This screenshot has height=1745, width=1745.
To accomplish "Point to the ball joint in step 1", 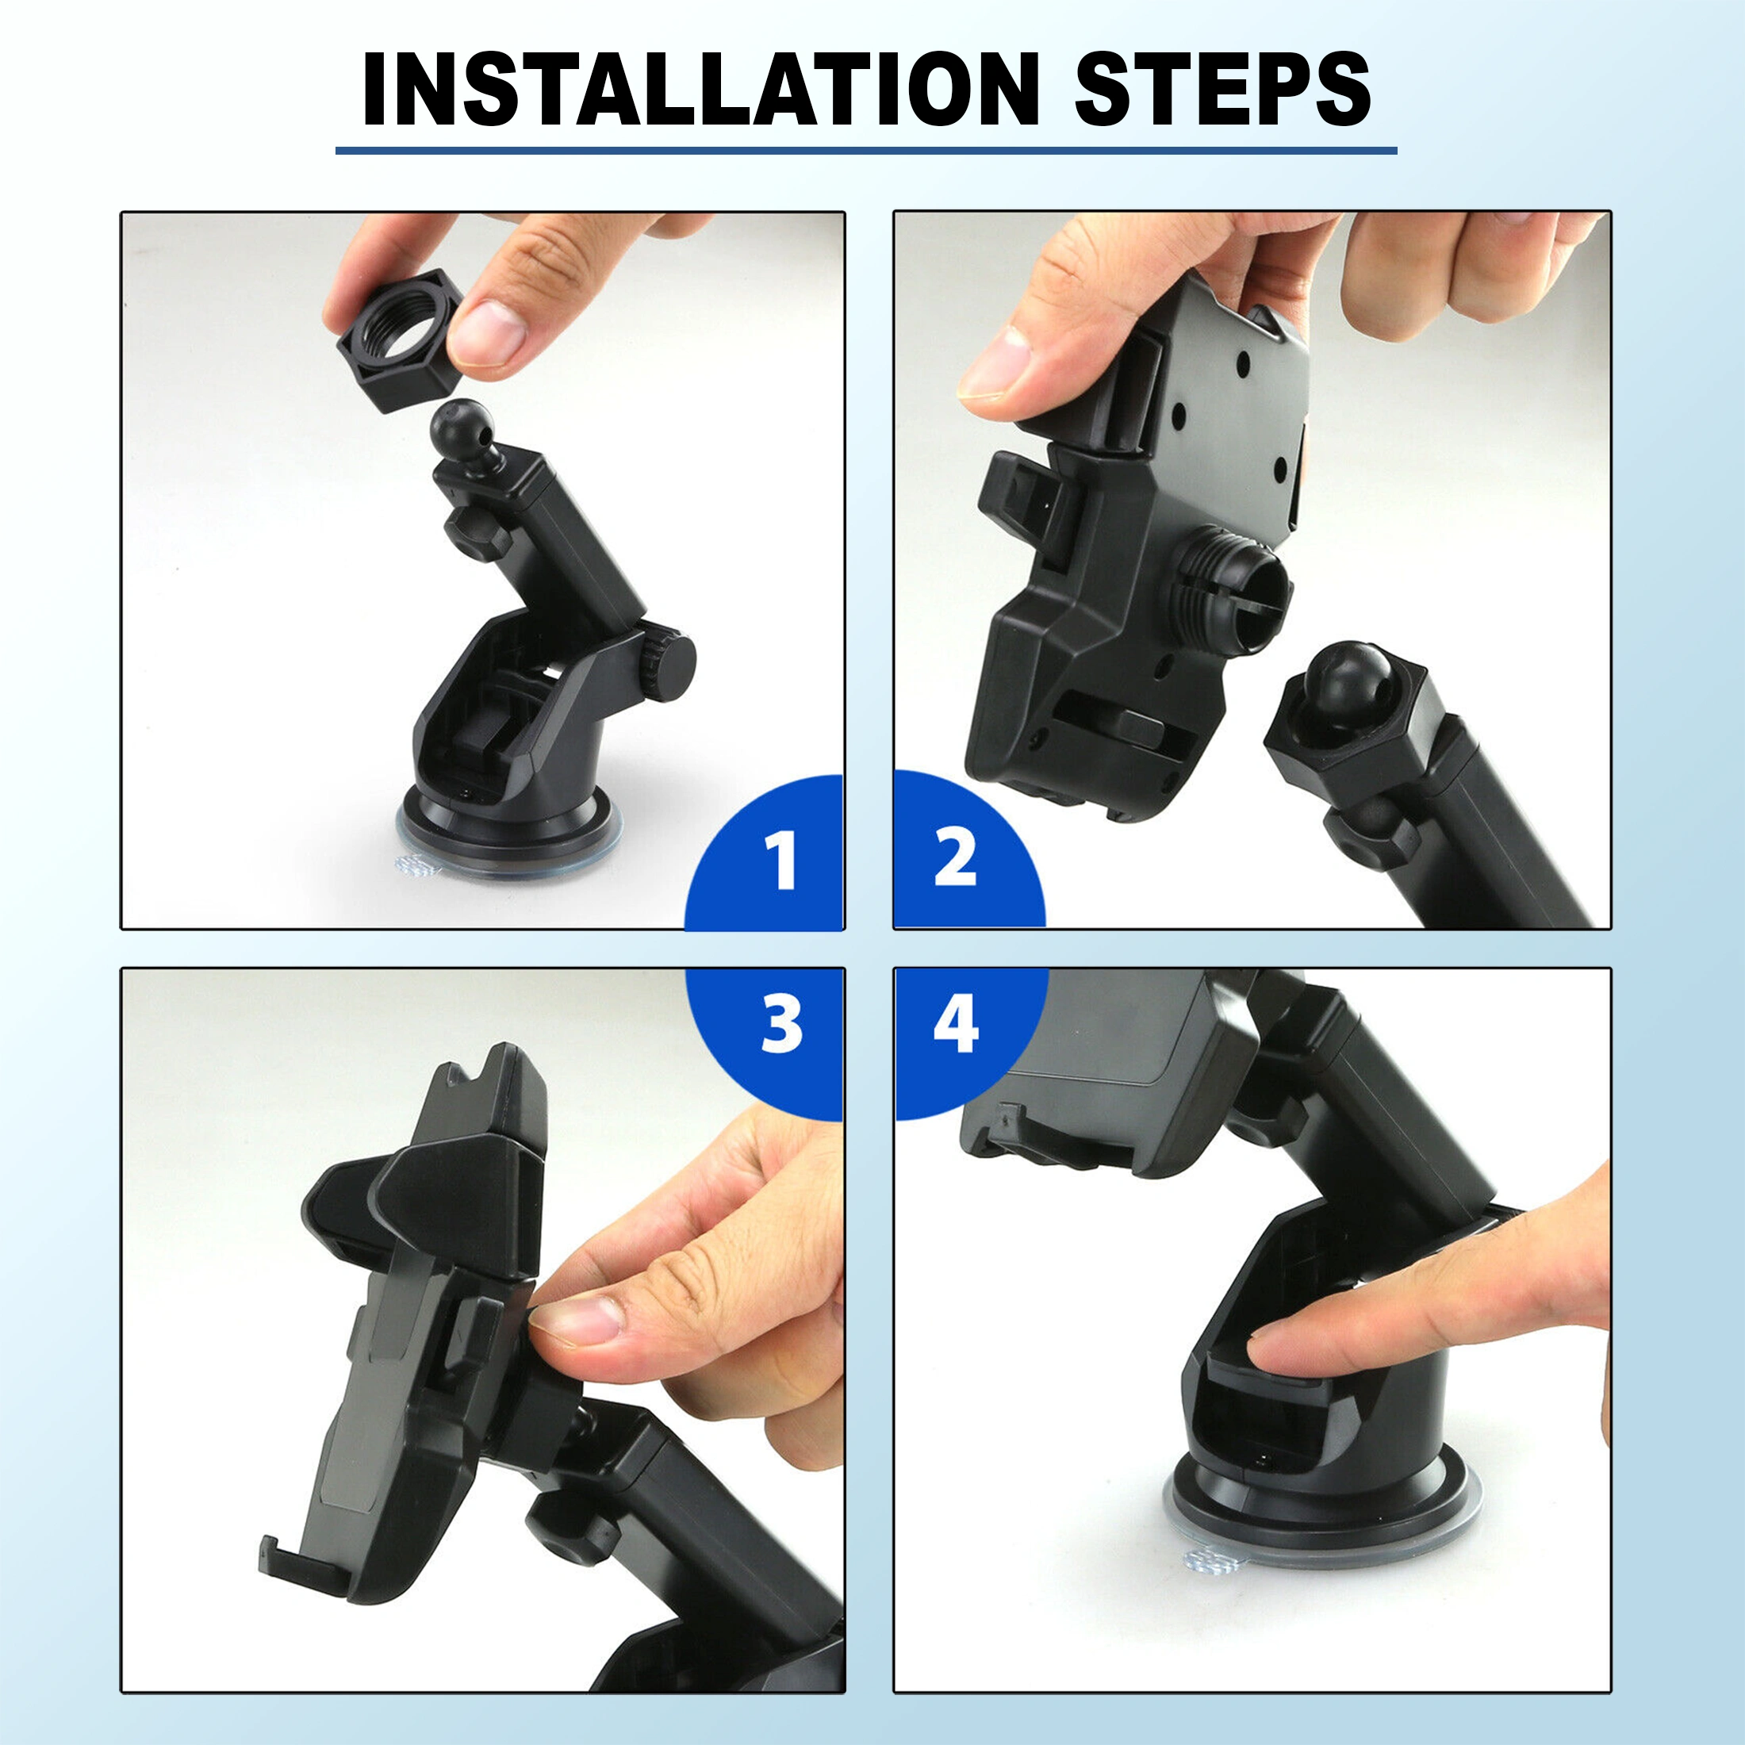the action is (461, 426).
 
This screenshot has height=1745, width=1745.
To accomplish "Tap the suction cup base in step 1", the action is (508, 835).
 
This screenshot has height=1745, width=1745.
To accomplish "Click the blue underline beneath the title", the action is (866, 150).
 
